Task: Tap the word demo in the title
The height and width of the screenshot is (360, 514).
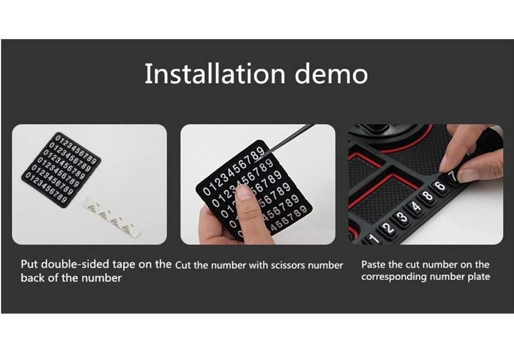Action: pyautogui.click(x=331, y=74)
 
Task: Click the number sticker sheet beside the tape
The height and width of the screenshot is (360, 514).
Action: pyautogui.click(x=61, y=169)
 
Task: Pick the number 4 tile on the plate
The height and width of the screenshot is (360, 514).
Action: pyautogui.click(x=415, y=207)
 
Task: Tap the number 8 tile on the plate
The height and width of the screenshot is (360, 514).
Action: pyautogui.click(x=428, y=196)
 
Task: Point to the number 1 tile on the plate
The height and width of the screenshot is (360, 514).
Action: pyautogui.click(x=373, y=238)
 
